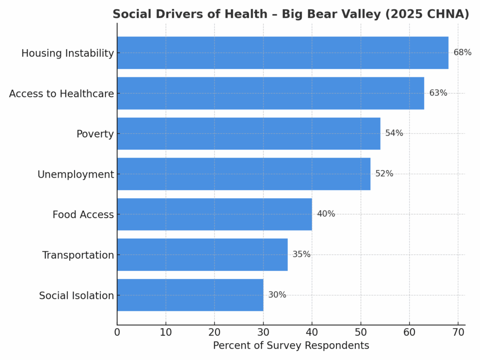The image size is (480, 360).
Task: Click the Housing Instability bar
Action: coord(283,53)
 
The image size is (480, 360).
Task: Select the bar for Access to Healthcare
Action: coord(270,93)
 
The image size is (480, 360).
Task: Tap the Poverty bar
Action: coord(248,134)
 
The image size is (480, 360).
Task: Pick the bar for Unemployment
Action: coord(244,174)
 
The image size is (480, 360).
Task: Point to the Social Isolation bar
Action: coord(190,295)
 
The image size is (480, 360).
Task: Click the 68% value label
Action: coord(462,52)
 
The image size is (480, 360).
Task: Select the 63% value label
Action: coord(438,93)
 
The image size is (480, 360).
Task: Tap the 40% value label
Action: coord(326,214)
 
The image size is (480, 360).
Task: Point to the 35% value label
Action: coord(301,255)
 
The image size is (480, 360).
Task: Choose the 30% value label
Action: coord(277,295)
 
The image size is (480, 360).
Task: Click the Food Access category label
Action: coord(83,215)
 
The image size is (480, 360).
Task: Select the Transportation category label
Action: coord(78,255)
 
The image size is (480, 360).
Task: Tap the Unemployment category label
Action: coord(75,175)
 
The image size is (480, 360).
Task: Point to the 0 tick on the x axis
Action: coord(117,332)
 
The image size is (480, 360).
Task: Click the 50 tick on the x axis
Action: coord(360,332)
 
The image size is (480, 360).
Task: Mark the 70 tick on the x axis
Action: coord(458,332)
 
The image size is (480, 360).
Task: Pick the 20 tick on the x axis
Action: coord(215,332)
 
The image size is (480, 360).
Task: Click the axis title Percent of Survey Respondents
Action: coord(291,346)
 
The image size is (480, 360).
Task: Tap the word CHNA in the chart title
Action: coord(450,15)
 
